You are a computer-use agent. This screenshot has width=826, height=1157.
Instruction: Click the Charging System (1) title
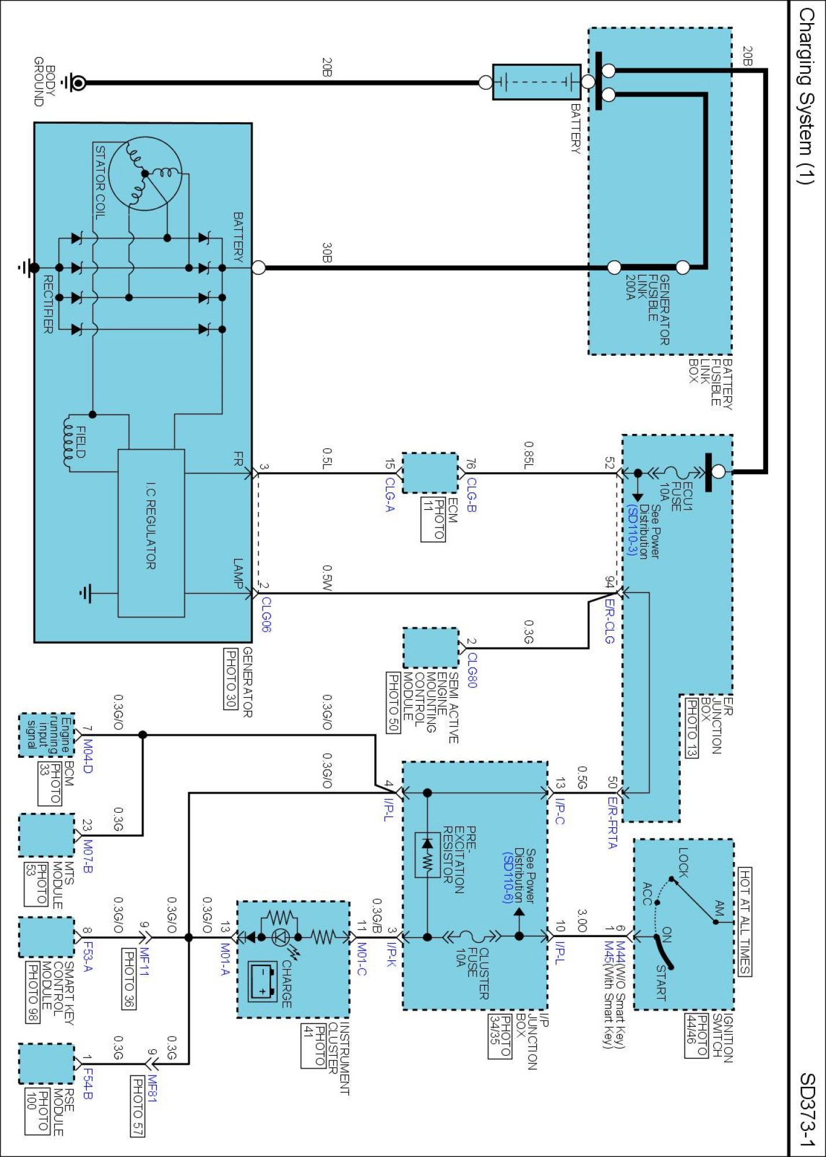[806, 95]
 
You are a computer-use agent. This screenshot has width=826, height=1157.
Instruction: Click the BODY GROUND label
[45, 82]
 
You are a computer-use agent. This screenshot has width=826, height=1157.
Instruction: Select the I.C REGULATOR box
[151, 533]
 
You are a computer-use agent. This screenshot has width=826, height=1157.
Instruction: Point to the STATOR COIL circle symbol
[145, 174]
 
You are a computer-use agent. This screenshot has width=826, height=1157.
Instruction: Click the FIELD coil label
[82, 442]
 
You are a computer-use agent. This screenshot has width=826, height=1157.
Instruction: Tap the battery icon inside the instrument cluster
[263, 981]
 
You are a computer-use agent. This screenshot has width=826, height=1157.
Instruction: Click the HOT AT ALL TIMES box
[745, 922]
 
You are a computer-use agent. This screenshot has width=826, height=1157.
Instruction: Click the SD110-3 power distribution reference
[632, 530]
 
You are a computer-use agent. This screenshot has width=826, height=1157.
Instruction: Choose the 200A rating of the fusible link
[630, 288]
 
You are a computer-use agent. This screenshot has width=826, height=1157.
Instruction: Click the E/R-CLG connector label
[609, 621]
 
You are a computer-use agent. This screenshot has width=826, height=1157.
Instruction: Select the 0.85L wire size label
[529, 455]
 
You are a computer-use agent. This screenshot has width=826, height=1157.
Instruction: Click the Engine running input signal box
[47, 735]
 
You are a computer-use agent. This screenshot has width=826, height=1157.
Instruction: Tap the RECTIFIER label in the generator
[48, 304]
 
